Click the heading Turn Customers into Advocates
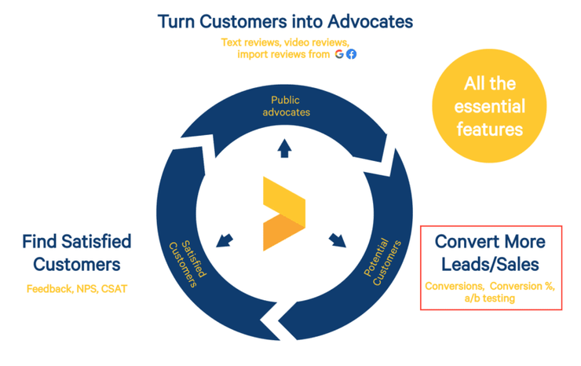[286, 20]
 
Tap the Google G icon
[339, 54]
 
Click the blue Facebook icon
[351, 54]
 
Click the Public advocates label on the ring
[290, 106]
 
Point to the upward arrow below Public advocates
[284, 148]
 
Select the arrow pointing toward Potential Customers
[338, 237]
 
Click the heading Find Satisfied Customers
[76, 252]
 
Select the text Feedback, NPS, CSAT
[76, 288]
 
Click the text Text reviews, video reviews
[285, 42]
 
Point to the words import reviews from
[283, 54]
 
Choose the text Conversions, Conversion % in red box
[489, 286]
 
